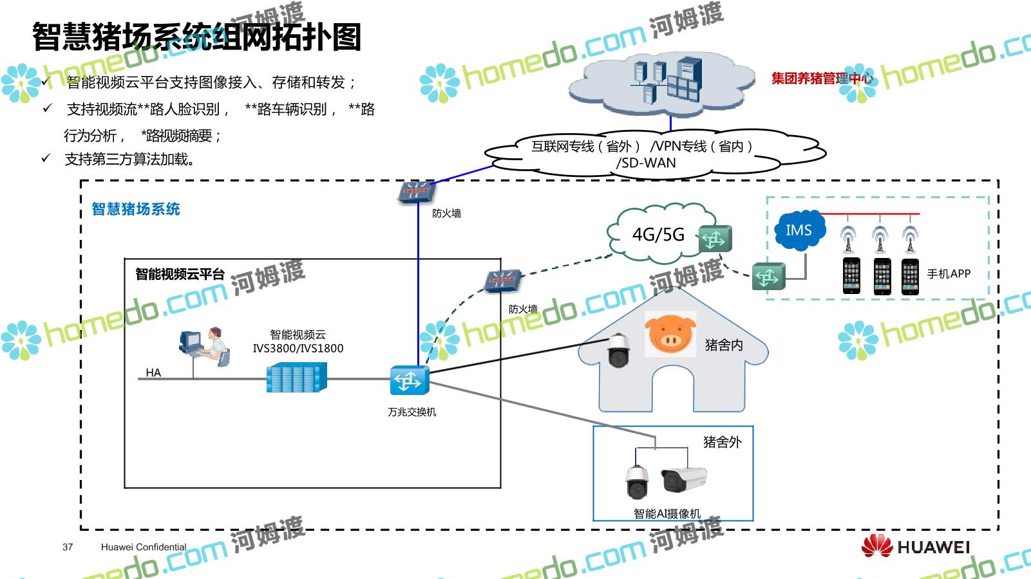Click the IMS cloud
pos(799,230)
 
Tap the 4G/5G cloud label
pos(658,235)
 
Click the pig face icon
pos(670,333)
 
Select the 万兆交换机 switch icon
pos(409,380)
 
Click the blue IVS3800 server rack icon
pos(296,378)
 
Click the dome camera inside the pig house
pos(618,350)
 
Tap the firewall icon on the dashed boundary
pos(415,192)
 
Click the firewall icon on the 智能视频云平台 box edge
pos(502,281)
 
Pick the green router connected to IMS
pos(768,277)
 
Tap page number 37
pos(68,547)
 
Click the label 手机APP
pos(948,273)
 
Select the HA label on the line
pos(153,372)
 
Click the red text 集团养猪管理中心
pos(822,78)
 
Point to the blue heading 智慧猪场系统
pos(136,209)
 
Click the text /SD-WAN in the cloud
pos(646,163)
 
